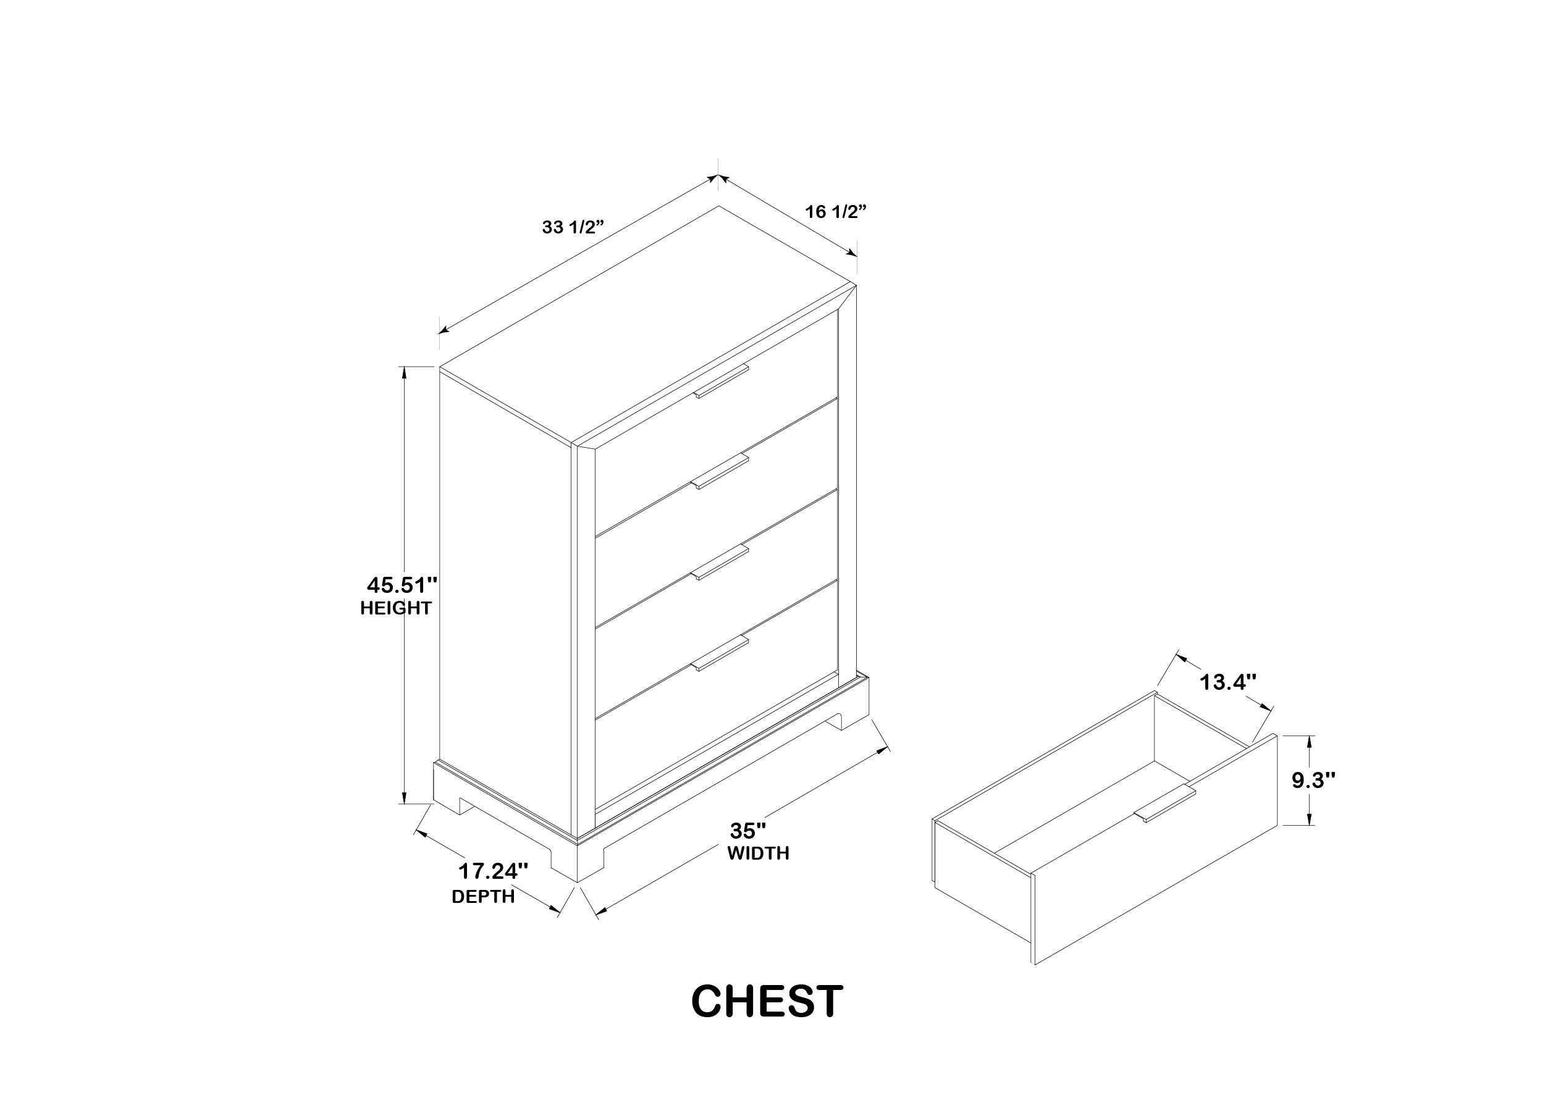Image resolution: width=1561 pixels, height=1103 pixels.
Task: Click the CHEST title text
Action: point(767,1001)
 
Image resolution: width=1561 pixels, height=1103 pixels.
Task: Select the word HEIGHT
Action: point(396,608)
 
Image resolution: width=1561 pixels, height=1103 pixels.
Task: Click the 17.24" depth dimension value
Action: point(493,871)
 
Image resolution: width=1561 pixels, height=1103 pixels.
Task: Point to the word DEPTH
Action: point(484,897)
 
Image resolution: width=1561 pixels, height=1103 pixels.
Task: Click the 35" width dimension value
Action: point(749,831)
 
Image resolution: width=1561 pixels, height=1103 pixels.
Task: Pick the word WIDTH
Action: point(758,853)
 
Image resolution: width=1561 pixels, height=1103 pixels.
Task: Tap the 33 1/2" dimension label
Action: point(573,227)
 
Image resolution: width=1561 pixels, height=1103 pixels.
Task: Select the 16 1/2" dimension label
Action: point(836,211)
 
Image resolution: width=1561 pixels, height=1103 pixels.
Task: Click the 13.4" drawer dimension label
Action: point(1227,682)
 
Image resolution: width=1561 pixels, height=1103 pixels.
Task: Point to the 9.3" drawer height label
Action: point(1314,780)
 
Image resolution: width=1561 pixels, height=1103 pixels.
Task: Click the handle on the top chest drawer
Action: point(721,380)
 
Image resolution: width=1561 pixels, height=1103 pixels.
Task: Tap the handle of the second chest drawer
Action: point(721,470)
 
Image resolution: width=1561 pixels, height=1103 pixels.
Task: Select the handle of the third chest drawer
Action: point(721,562)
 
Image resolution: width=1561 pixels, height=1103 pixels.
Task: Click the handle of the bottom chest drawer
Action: point(721,654)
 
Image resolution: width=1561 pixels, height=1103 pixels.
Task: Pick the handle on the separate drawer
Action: point(1165,804)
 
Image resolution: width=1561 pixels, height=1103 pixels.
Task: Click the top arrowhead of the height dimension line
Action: point(405,373)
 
